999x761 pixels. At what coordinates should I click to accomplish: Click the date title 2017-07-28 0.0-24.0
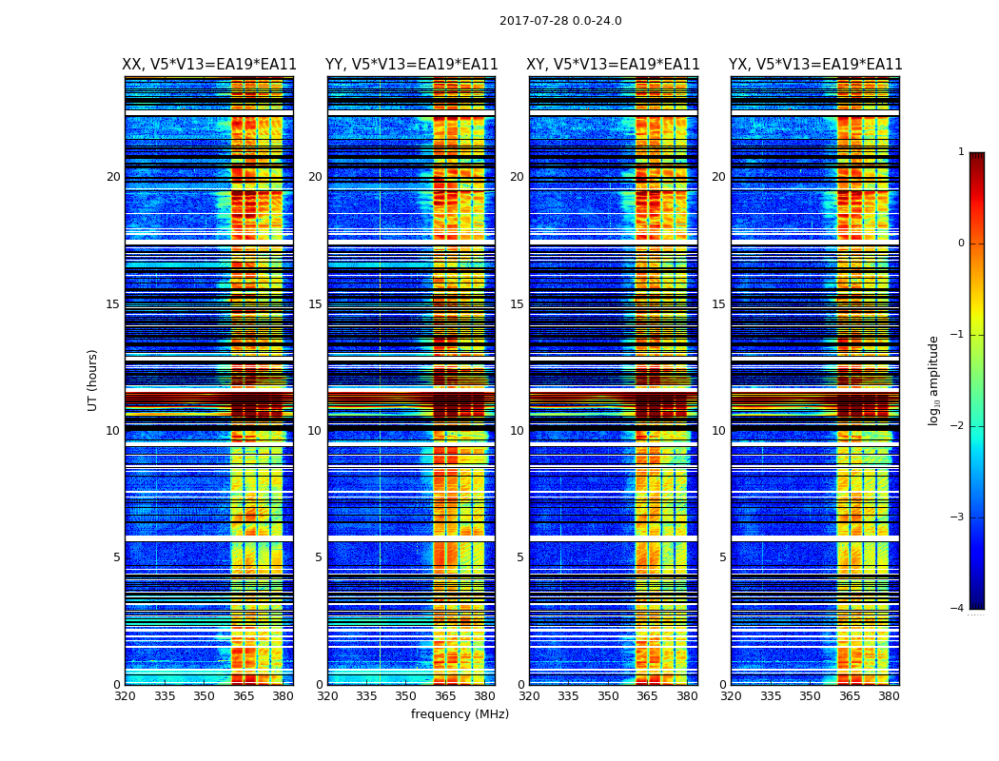tap(560, 21)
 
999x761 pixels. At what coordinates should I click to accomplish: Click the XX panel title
tap(209, 65)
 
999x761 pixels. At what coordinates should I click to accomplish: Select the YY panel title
tap(412, 65)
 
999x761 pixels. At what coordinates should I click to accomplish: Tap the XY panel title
tap(614, 65)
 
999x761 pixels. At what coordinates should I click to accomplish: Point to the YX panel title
tap(815, 65)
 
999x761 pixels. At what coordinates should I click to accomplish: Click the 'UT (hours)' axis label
tap(93, 380)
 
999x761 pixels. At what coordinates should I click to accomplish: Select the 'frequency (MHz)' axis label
tap(460, 714)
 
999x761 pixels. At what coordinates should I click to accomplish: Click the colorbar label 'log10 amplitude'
tap(934, 380)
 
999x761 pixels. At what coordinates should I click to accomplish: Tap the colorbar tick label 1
tap(961, 152)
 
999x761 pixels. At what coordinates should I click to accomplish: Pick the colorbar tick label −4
tap(958, 609)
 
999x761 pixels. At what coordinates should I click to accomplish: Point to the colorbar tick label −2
tap(958, 426)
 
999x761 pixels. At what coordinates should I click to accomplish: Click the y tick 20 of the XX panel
tap(113, 177)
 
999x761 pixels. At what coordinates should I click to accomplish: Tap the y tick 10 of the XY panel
tap(517, 431)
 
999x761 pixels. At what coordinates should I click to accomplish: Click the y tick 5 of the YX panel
tap(722, 557)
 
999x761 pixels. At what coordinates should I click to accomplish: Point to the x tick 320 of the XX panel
tap(125, 696)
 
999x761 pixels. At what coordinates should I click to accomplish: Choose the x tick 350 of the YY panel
tap(406, 696)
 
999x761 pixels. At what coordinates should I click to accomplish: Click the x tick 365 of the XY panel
tap(647, 696)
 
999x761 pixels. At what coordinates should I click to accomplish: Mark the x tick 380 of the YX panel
tap(889, 696)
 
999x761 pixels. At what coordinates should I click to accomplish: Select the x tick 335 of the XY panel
tap(569, 696)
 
